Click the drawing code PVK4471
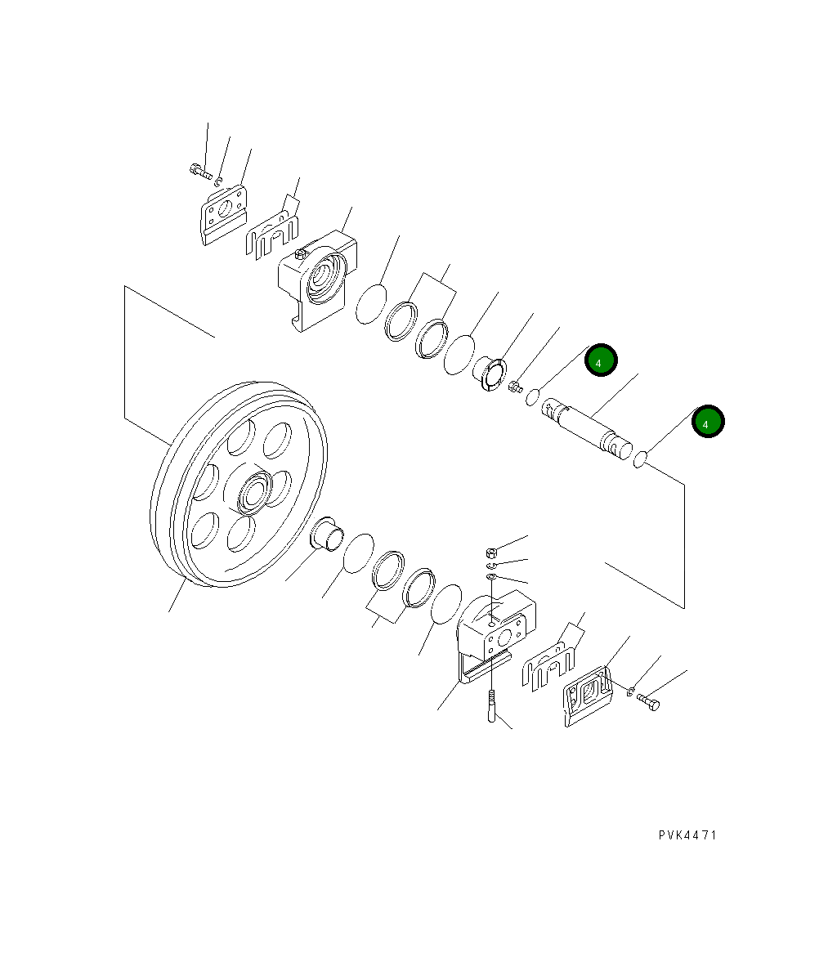click(x=687, y=835)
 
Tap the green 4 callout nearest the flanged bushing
click(x=601, y=360)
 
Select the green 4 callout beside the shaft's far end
click(x=707, y=422)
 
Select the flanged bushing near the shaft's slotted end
click(x=490, y=373)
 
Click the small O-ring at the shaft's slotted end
click(x=532, y=397)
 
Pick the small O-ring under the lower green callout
click(x=641, y=461)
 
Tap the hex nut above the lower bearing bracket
click(x=491, y=552)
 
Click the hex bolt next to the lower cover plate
click(x=648, y=701)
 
